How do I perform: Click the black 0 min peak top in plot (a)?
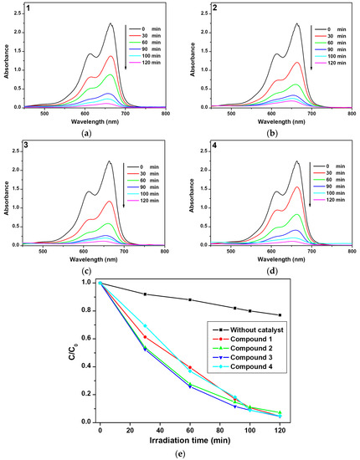111,24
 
